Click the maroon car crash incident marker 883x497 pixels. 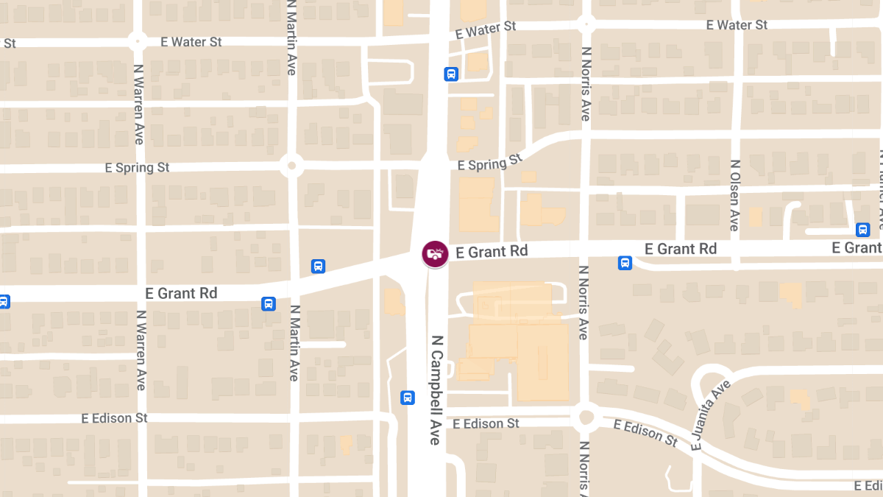pos(435,253)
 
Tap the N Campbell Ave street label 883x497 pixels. pos(436,390)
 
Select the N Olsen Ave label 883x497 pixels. pos(734,195)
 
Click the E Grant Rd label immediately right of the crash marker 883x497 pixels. pos(492,252)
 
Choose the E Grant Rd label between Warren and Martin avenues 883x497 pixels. pos(181,293)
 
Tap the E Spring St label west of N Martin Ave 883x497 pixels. pos(137,168)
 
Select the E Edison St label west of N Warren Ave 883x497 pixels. pos(114,418)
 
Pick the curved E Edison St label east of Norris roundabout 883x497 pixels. pos(645,433)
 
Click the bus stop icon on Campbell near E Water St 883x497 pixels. pos(451,74)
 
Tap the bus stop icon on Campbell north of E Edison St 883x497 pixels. pos(408,398)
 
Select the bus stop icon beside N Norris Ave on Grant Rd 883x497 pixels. pos(625,263)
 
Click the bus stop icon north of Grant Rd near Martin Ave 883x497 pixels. pos(318,266)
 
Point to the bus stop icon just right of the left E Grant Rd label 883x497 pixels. pos(269,303)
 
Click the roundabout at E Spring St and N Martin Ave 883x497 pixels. pos(292,166)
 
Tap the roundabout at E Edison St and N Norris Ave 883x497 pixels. pos(586,417)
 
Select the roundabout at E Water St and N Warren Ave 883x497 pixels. pos(138,40)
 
